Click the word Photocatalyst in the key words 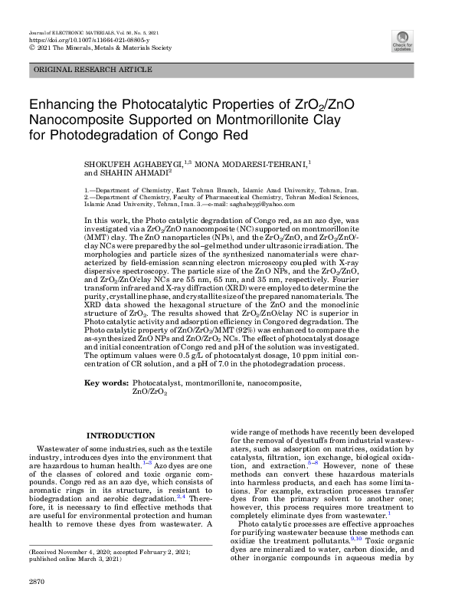click(158, 382)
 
